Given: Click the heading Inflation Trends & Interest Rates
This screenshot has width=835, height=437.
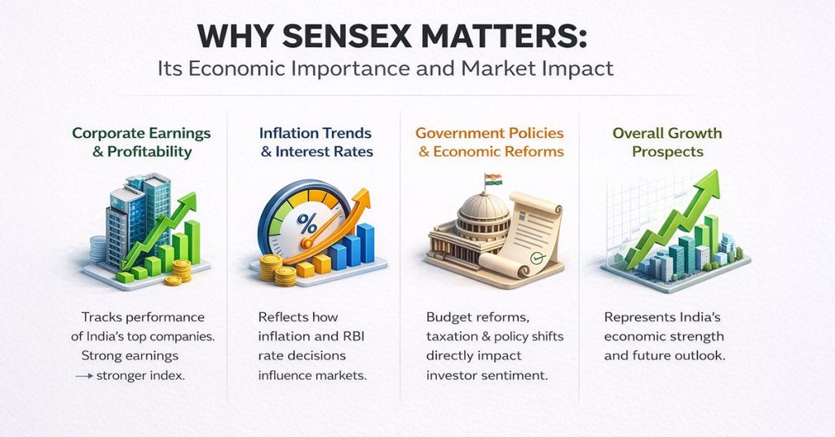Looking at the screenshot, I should click(x=316, y=142).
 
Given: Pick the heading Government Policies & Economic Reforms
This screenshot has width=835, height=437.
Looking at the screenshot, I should click(x=490, y=142).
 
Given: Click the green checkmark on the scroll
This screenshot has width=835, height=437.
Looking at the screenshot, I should click(x=536, y=256).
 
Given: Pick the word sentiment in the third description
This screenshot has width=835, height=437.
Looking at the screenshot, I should click(x=518, y=375).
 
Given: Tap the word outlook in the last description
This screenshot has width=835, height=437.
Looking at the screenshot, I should click(x=706, y=356).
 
